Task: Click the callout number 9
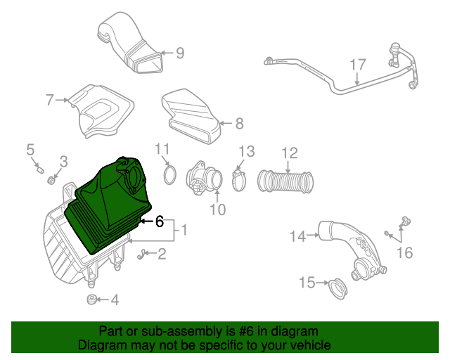coord(180,53)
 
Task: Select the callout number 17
coord(358,65)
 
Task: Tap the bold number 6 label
coord(160,221)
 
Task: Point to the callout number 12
coord(290,153)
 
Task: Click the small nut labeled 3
coord(51,181)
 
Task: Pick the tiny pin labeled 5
coord(40,170)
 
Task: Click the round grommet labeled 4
coord(91,300)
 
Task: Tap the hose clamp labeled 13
coord(239,180)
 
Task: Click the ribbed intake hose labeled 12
coord(285,181)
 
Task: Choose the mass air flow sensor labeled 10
coord(203,178)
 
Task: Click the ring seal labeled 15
coord(337,289)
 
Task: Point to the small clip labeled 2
coord(141,255)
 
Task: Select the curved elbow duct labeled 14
coord(352,248)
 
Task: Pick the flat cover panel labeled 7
coord(101,110)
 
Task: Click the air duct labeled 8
coord(191,116)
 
